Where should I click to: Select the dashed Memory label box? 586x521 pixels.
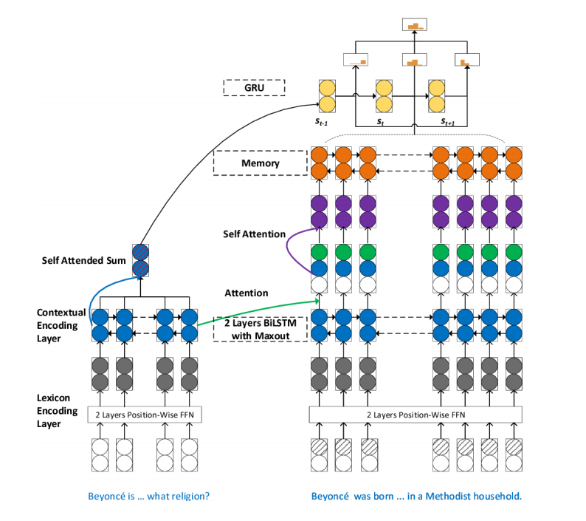coord(260,163)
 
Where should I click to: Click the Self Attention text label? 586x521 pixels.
coord(254,234)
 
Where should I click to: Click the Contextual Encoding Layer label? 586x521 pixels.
coord(62,325)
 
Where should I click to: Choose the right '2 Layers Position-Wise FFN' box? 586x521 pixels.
coord(415,415)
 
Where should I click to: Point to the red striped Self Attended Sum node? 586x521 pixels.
coord(139,260)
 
